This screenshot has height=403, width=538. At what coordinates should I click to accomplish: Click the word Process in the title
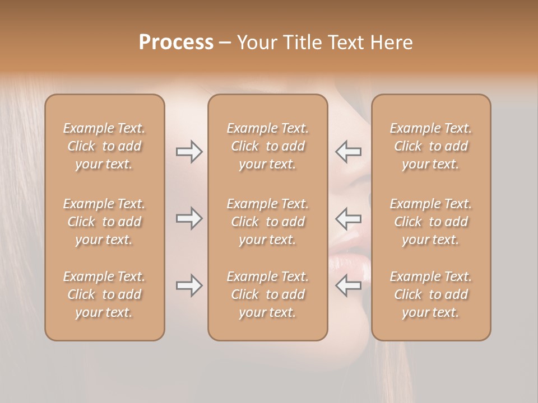pyautogui.click(x=176, y=43)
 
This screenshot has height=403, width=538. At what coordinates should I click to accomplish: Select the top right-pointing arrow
pyautogui.click(x=189, y=152)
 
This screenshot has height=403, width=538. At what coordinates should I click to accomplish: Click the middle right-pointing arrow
pyautogui.click(x=189, y=218)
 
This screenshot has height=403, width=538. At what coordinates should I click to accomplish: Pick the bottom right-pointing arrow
pyautogui.click(x=189, y=285)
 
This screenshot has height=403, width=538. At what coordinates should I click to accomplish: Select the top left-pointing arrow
pyautogui.click(x=348, y=152)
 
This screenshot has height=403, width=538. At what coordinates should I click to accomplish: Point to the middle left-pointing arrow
pyautogui.click(x=348, y=218)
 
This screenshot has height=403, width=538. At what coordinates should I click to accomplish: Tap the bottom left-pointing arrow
pyautogui.click(x=348, y=285)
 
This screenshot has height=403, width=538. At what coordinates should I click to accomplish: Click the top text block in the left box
pyautogui.click(x=104, y=146)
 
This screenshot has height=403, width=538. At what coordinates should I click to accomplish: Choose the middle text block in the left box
pyautogui.click(x=104, y=222)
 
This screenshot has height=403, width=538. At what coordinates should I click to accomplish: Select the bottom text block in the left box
pyautogui.click(x=104, y=294)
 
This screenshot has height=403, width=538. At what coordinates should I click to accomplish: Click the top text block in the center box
pyautogui.click(x=268, y=146)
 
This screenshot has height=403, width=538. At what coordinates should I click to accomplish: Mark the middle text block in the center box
pyautogui.click(x=268, y=222)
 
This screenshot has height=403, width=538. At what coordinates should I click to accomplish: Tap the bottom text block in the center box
pyautogui.click(x=268, y=294)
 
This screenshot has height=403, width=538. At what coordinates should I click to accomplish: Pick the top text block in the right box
pyautogui.click(x=431, y=146)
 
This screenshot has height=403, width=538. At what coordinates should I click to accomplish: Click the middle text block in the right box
pyautogui.click(x=431, y=222)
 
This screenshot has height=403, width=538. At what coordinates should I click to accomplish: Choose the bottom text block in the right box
pyautogui.click(x=431, y=294)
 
